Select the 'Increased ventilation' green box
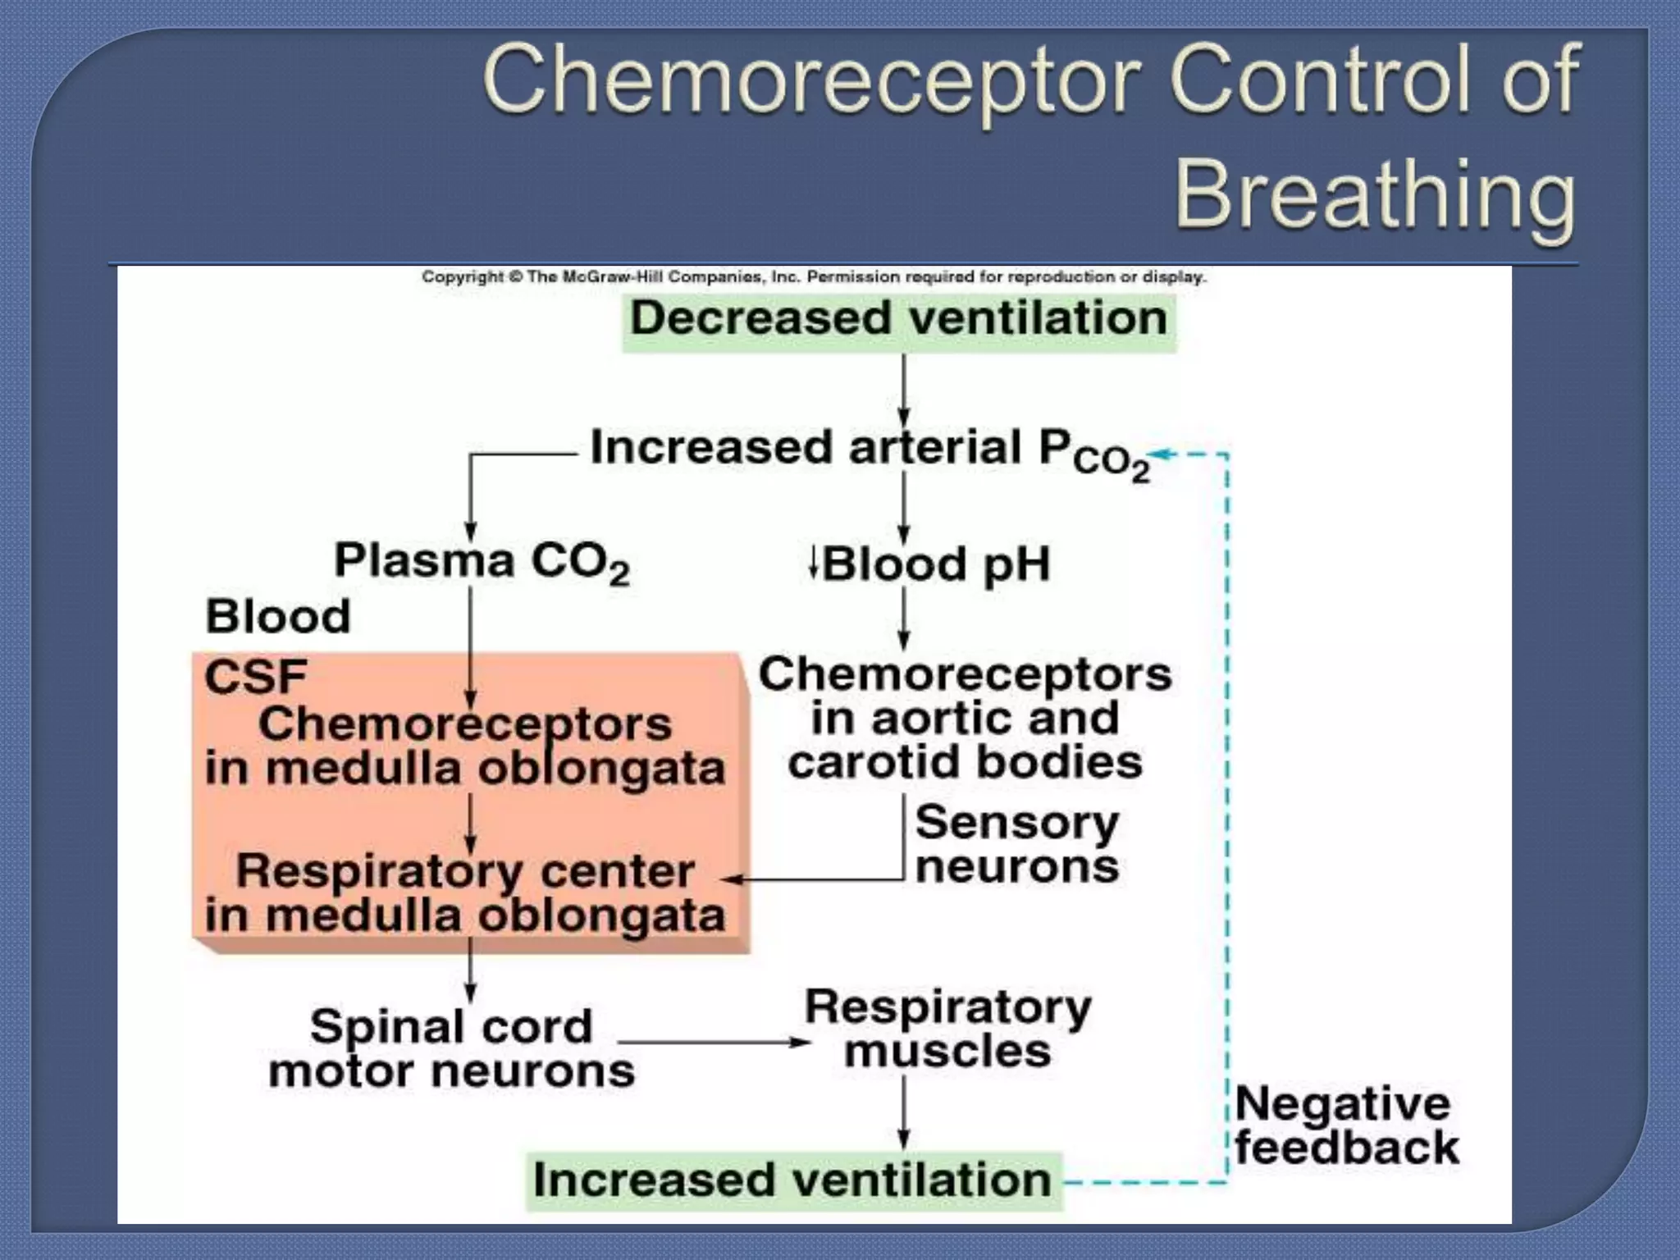792,1181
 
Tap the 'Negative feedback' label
1346,1125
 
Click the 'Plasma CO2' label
482,563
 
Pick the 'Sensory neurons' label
1016,844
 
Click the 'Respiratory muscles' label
947,1029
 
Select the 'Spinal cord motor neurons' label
451,1048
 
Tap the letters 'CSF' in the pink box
255,678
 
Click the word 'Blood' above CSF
277,616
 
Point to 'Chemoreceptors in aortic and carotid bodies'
965,719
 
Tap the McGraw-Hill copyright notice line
814,277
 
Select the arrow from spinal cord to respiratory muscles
714,1043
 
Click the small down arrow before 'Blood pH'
813,563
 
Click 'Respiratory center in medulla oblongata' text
465,892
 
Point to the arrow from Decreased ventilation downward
903,390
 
